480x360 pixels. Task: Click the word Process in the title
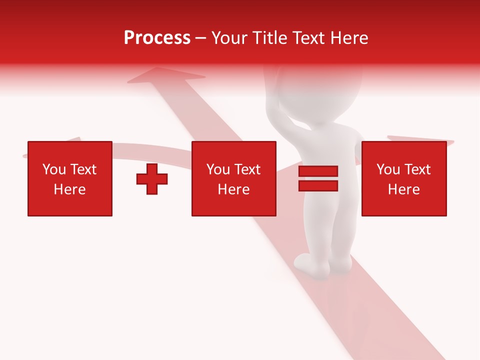pyautogui.click(x=157, y=38)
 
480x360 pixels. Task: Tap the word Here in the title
pyautogui.click(x=349, y=38)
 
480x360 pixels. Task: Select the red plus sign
pyautogui.click(x=152, y=179)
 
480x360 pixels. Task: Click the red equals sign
pyautogui.click(x=318, y=178)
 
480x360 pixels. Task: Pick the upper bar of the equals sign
pyautogui.click(x=318, y=171)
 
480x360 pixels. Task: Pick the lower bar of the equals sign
pyautogui.click(x=318, y=185)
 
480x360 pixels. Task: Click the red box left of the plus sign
pyautogui.click(x=70, y=178)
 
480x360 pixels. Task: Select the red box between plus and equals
pyautogui.click(x=233, y=178)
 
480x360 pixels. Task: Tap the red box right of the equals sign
pyautogui.click(x=403, y=178)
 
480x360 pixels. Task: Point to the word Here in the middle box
pyautogui.click(x=233, y=189)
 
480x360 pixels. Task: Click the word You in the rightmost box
pyautogui.click(x=388, y=169)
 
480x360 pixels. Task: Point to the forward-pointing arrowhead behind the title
pyautogui.click(x=165, y=75)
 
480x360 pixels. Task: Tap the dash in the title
pyautogui.click(x=200, y=38)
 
